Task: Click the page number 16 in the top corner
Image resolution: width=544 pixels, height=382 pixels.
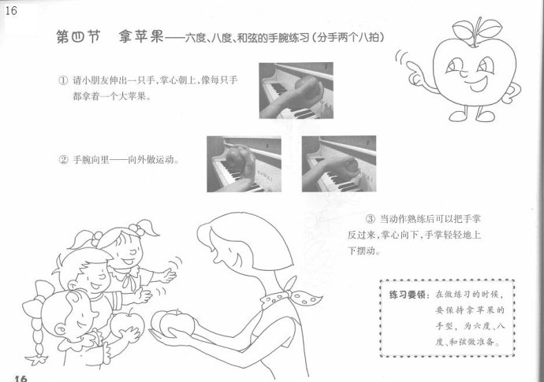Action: tap(11, 10)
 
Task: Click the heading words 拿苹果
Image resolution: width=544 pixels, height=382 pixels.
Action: tap(141, 36)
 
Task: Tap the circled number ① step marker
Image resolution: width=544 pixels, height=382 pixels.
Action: tap(63, 81)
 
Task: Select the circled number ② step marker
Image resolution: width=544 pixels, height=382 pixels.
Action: tap(63, 160)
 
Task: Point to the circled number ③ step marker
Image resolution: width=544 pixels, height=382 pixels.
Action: tap(371, 219)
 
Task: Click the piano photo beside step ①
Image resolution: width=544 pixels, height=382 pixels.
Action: tap(296, 91)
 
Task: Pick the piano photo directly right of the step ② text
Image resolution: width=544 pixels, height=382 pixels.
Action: tap(244, 164)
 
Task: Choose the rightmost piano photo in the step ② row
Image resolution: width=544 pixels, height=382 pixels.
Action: tap(339, 164)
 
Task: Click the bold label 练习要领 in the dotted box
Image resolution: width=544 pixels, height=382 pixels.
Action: tap(407, 295)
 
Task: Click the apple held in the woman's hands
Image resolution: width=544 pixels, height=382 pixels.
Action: tap(173, 323)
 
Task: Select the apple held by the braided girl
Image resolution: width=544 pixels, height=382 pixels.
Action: tap(127, 325)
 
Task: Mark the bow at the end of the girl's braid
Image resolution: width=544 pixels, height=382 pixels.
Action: tap(37, 358)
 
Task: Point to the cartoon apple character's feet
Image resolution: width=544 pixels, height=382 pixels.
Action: tap(471, 114)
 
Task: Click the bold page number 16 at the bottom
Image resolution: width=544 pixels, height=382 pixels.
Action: tap(20, 378)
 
